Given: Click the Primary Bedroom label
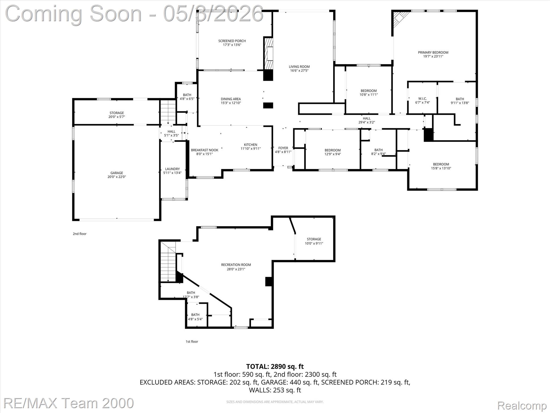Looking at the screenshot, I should tap(433, 52).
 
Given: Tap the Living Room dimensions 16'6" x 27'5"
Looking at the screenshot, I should tap(299, 71).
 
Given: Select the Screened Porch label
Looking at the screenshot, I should tap(232, 41).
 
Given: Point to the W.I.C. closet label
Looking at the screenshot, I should tap(422, 99).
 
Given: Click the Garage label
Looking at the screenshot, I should tap(117, 173).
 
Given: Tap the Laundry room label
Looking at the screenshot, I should tap(172, 169).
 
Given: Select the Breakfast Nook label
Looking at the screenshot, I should tap(204, 150).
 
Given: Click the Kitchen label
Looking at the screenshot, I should tap(250, 145).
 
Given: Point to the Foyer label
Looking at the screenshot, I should tap(283, 148).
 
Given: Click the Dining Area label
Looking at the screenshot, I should tap(231, 99).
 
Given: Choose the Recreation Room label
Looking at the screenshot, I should tap(236, 265).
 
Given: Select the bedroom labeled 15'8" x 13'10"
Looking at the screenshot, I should tap(441, 166).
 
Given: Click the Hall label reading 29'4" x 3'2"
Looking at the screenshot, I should tap(367, 120).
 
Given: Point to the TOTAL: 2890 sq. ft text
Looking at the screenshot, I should tap(275, 366).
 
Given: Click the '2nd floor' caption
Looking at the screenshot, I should tap(79, 234).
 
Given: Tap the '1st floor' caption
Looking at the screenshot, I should tap(192, 341).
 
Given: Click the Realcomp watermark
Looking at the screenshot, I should tap(522, 405).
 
